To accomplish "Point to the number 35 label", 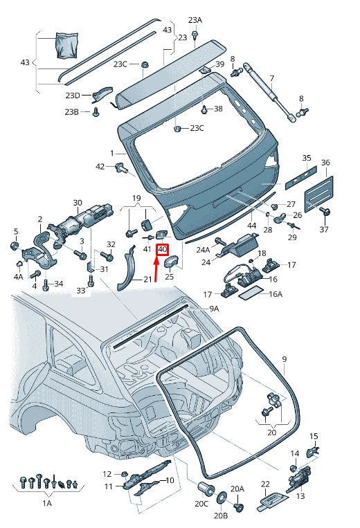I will point(307,158).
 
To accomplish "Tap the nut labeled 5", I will point(15,246).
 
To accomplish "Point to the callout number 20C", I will point(201,504).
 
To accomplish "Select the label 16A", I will point(276,294).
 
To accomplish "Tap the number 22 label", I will point(265,484).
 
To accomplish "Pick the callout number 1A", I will point(46,504).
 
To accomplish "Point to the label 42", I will point(100,166).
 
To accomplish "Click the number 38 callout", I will point(218,109).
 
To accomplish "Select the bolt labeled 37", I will point(326,211).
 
